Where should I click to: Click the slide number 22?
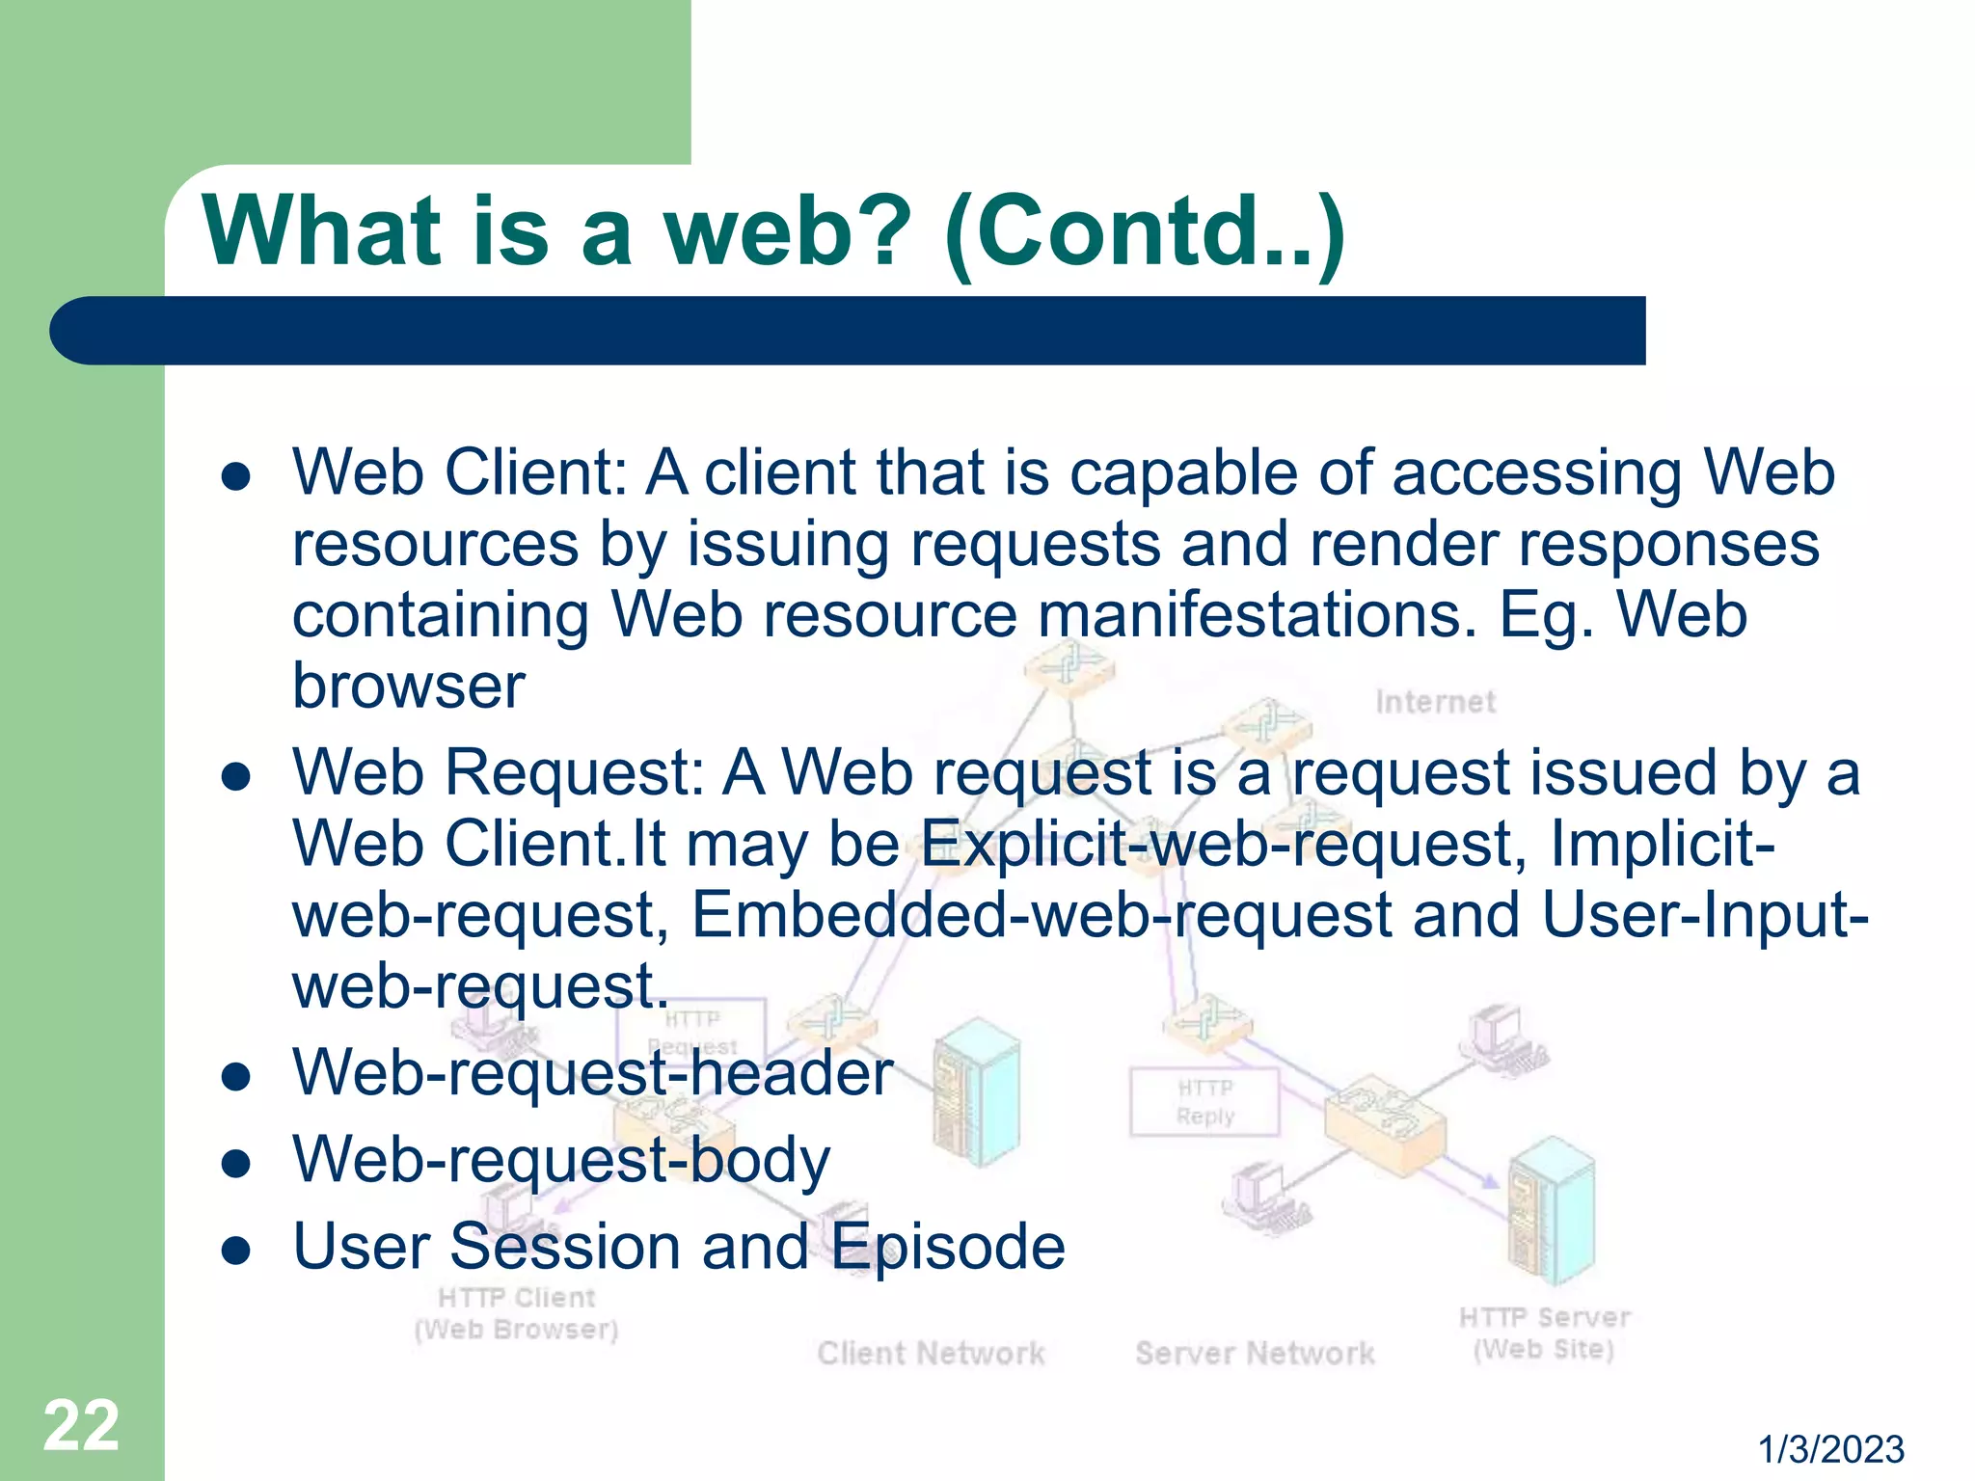(x=81, y=1425)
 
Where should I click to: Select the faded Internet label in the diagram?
(x=1435, y=702)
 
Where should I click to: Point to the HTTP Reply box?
(x=1204, y=1102)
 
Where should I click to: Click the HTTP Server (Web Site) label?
(x=1544, y=1333)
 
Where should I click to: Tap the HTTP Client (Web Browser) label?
(x=516, y=1313)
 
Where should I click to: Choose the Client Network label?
(x=931, y=1353)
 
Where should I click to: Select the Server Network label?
(x=1255, y=1353)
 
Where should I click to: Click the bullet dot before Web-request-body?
(x=236, y=1164)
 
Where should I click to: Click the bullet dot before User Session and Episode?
(x=236, y=1251)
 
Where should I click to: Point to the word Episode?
(x=948, y=1247)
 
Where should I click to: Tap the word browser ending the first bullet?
(x=409, y=687)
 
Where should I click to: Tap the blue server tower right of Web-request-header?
(x=976, y=1091)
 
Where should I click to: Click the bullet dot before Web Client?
(x=236, y=477)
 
